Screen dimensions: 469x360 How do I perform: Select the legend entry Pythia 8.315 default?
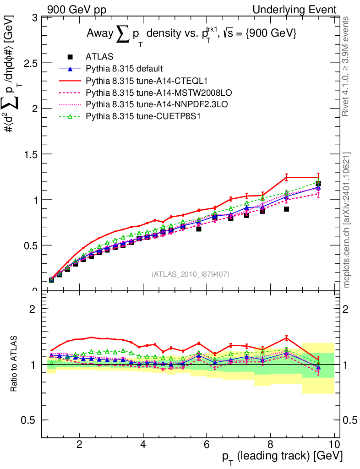click(x=124, y=69)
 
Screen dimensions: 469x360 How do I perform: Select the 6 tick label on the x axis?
click(x=207, y=445)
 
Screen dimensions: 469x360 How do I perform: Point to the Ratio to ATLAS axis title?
click(x=15, y=365)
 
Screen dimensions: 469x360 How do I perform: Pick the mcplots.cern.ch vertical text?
click(x=346, y=220)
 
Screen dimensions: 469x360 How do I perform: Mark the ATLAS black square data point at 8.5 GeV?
click(x=286, y=209)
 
